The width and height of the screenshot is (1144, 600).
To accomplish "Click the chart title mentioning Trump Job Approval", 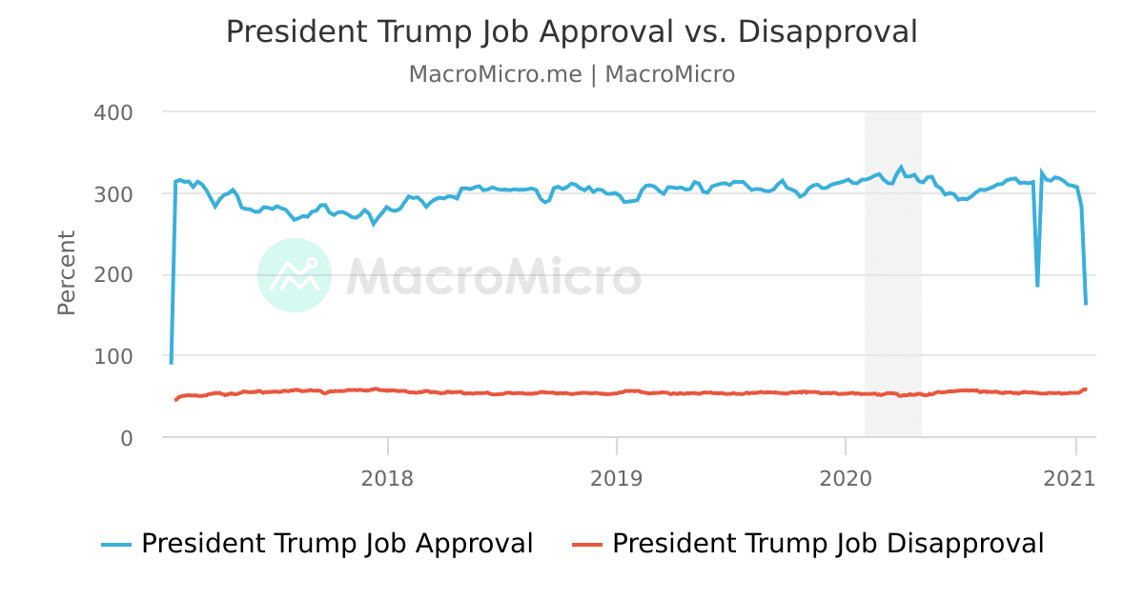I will (x=571, y=31).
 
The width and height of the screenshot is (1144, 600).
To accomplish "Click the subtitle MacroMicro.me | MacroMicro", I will (x=571, y=74).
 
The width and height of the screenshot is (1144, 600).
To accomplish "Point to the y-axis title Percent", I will (x=66, y=272).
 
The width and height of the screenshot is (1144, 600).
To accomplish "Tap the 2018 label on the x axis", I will (x=387, y=477).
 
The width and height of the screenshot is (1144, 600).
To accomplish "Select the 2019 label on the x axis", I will (x=617, y=477).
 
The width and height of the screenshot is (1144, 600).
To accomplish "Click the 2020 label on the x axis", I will (x=846, y=477).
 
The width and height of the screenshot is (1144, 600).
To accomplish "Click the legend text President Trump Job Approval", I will (x=337, y=544).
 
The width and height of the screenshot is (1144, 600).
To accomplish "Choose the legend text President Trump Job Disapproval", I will (x=827, y=544).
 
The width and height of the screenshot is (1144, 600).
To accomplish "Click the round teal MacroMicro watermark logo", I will (x=295, y=275).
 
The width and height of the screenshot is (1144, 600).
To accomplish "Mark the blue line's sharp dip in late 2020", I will (x=1037, y=285).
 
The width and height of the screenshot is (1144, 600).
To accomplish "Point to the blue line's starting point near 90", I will (x=172, y=363).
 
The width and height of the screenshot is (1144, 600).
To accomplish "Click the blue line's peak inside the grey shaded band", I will (x=901, y=168).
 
